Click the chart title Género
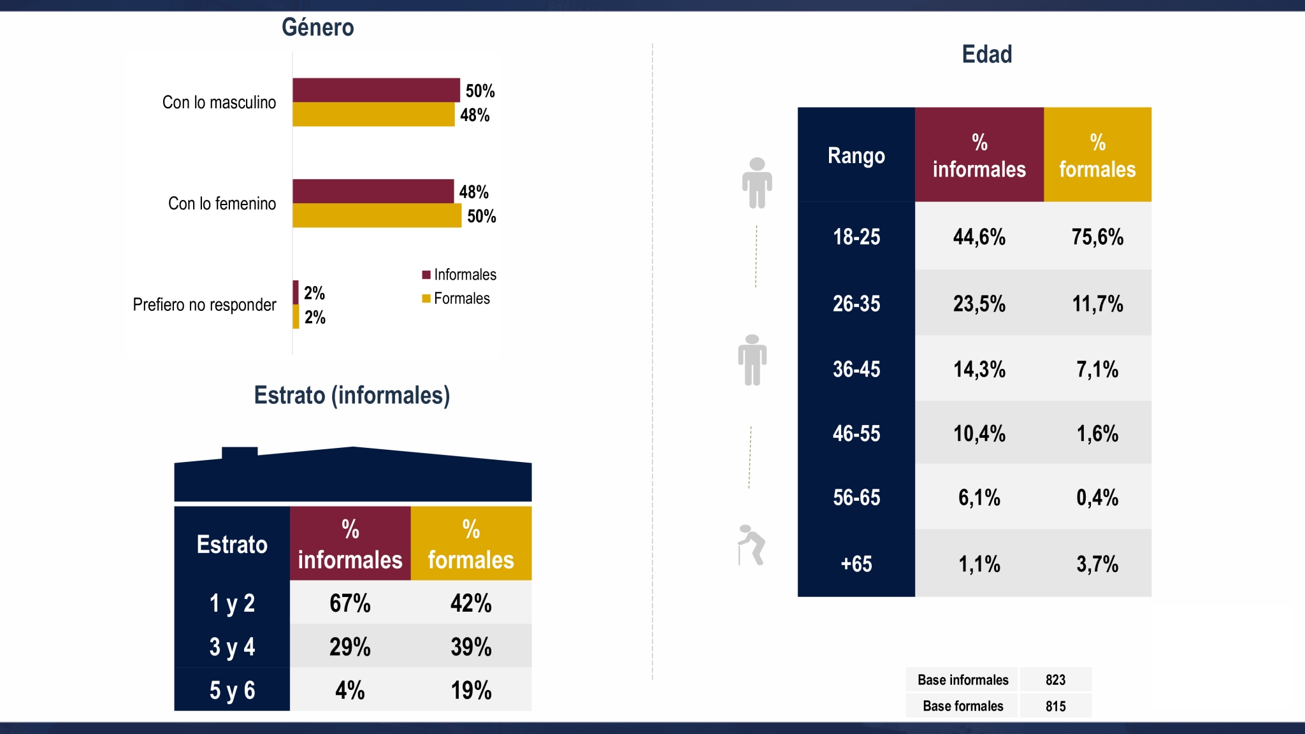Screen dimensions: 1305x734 click(x=318, y=27)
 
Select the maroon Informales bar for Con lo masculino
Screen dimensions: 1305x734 click(x=376, y=90)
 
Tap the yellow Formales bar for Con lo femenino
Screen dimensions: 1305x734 click(x=377, y=215)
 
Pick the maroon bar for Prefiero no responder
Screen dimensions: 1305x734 click(x=296, y=292)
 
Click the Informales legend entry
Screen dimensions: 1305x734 click(x=459, y=275)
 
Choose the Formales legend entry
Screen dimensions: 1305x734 click(x=456, y=298)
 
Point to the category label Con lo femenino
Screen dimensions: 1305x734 click(x=222, y=203)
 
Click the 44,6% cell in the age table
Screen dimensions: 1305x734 click(x=979, y=237)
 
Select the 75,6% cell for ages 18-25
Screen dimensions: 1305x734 click(x=1097, y=237)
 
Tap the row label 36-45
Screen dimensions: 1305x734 click(x=856, y=369)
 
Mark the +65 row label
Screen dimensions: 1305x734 click(x=856, y=564)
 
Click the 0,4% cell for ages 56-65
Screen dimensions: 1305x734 click(x=1097, y=498)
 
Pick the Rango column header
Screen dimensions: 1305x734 click(x=856, y=155)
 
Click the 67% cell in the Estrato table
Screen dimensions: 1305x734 click(x=350, y=603)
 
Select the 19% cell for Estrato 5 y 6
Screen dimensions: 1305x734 click(x=471, y=690)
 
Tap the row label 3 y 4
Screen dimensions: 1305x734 click(x=232, y=647)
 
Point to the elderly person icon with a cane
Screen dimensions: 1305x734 click(x=751, y=545)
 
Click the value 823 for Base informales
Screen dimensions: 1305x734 click(x=1055, y=680)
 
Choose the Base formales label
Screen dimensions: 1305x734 click(x=963, y=706)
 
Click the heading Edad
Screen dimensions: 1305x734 click(x=987, y=54)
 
